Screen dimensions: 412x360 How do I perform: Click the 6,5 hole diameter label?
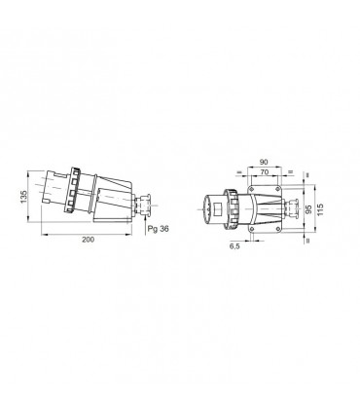pos(234,247)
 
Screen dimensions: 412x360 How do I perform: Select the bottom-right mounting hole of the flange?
pos(277,233)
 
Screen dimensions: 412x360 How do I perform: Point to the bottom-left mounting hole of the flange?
pos(250,233)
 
